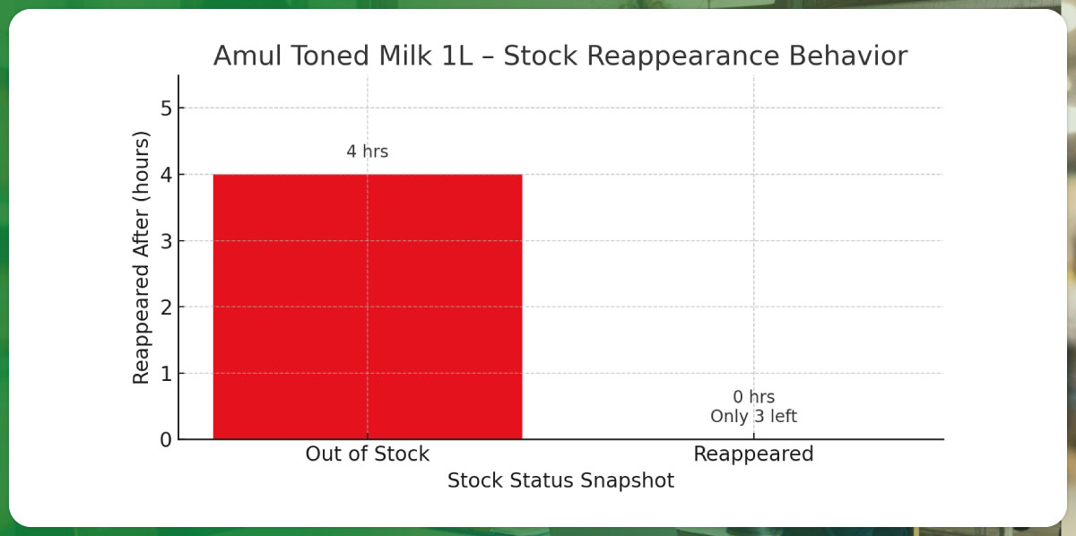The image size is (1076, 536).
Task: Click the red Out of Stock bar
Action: [x=368, y=307]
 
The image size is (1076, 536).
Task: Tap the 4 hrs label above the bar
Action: [x=368, y=151]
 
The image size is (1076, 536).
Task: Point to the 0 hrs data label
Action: [x=754, y=397]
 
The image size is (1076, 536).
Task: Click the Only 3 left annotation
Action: [x=754, y=417]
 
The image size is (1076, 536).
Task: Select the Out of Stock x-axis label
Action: [x=368, y=454]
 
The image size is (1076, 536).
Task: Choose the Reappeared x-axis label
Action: [x=754, y=454]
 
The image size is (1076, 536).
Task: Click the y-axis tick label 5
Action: [x=166, y=108]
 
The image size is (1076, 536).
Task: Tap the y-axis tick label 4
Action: [x=166, y=175]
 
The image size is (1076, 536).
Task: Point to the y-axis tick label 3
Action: [x=166, y=241]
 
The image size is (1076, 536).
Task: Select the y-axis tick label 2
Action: [x=166, y=307]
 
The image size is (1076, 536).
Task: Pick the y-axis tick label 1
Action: [x=166, y=374]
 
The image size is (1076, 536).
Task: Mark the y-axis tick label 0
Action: [x=166, y=440]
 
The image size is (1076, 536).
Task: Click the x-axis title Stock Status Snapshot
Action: [x=560, y=480]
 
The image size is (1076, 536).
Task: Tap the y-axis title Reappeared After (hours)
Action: [x=141, y=257]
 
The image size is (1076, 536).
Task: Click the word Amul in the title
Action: [x=247, y=56]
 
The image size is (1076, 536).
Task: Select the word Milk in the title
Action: [x=405, y=56]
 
